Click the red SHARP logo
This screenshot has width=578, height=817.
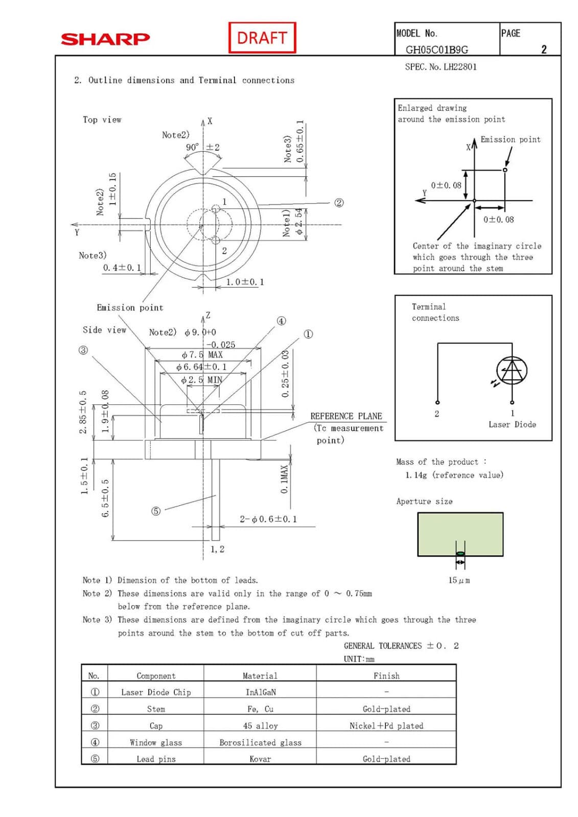105,39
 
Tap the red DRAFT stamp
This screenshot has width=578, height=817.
262,38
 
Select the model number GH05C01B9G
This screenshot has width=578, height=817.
436,50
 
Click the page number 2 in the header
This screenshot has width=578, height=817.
544,50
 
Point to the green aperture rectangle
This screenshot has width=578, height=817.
460,534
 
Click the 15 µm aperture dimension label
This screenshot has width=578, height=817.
459,580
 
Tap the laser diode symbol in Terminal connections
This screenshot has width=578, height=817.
512,371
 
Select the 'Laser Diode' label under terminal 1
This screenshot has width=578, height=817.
512,424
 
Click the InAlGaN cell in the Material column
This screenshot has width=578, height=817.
260,692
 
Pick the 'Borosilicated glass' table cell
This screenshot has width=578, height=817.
260,742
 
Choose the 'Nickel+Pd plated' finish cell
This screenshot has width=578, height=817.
386,726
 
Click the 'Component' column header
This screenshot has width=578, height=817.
156,676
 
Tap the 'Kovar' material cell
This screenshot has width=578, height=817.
260,759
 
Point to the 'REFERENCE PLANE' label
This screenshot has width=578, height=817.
346,416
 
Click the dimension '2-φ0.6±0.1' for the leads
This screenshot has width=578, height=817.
268,519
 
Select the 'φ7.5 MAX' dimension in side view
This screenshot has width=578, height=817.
202,354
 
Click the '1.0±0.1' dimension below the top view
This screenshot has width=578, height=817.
245,282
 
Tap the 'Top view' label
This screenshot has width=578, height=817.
102,119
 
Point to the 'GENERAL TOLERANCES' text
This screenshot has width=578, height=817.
383,646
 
